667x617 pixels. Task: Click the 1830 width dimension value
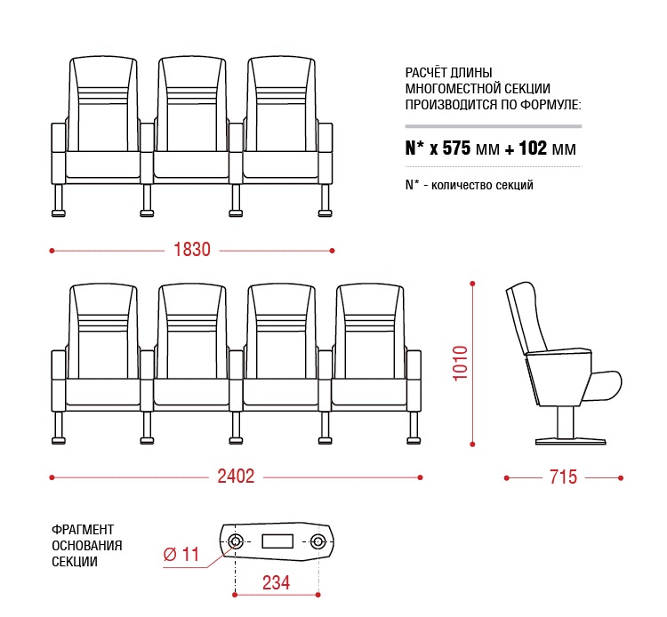click(192, 250)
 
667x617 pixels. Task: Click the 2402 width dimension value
click(236, 477)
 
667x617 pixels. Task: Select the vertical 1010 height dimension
click(460, 363)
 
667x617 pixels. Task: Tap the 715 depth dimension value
click(563, 477)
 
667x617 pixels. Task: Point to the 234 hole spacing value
click(276, 582)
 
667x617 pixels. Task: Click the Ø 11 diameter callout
click(181, 554)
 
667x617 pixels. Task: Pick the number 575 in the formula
click(456, 148)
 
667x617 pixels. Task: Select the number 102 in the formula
click(533, 148)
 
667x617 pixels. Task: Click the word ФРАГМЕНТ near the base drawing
click(83, 529)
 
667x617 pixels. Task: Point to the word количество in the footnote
click(458, 186)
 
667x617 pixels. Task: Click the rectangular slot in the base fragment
click(277, 541)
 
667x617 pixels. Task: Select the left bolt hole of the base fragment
click(236, 541)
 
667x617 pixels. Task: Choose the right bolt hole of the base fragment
click(317, 541)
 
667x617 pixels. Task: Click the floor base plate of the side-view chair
click(570, 441)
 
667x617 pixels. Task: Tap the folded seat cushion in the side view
click(603, 386)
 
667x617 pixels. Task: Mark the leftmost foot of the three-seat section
click(59, 201)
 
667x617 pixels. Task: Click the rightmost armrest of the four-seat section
click(414, 381)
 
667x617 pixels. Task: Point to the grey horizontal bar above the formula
click(494, 126)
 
